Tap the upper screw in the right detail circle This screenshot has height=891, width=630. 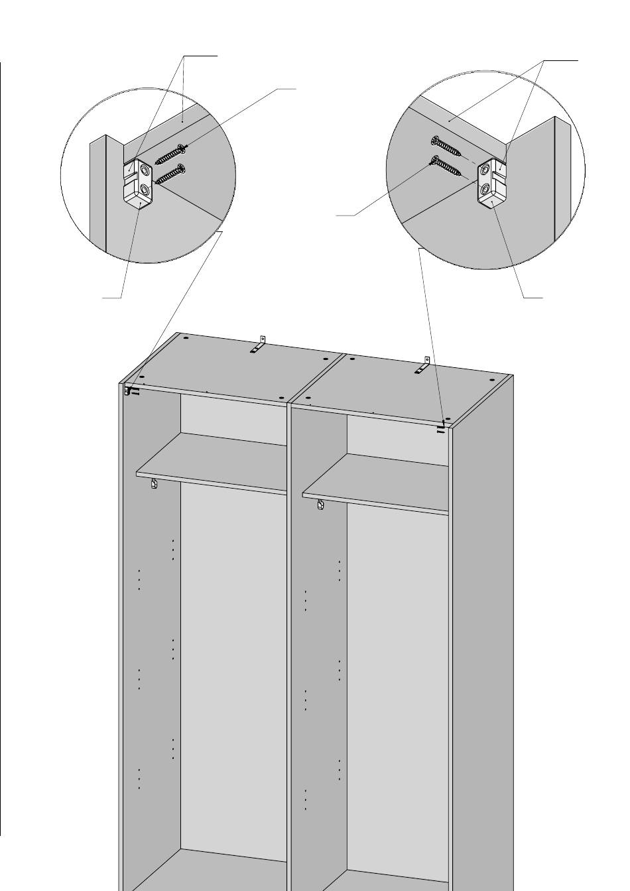(x=450, y=148)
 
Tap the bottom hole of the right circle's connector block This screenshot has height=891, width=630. (x=485, y=191)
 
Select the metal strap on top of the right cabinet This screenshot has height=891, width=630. (x=423, y=367)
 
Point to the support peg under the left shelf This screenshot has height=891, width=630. (x=154, y=485)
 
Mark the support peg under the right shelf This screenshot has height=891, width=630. (x=320, y=505)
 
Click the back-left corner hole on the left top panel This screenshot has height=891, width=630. (x=185, y=338)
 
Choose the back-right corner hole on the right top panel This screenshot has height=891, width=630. (x=491, y=381)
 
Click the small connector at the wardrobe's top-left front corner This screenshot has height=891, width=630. (x=127, y=392)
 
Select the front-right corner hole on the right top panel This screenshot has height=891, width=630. (x=448, y=419)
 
